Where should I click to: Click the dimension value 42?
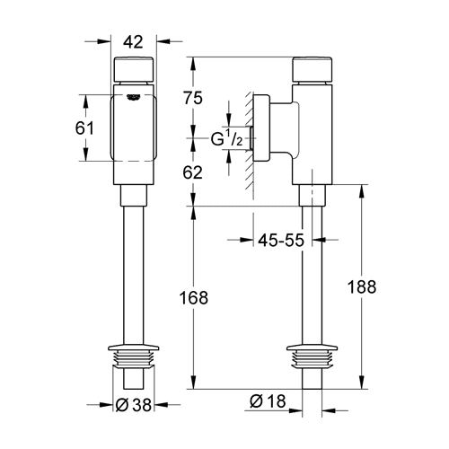tap(134, 42)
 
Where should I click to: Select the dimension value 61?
tap(84, 128)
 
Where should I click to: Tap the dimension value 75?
tap(193, 98)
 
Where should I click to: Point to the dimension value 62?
tap(193, 172)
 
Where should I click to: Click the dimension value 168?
tap(193, 298)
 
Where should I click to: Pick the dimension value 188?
tap(362, 286)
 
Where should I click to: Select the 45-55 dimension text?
tap(281, 240)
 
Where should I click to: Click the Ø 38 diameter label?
tap(134, 405)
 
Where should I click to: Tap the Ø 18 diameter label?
tap(268, 401)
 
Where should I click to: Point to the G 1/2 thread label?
tap(226, 138)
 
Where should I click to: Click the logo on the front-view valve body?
tap(134, 97)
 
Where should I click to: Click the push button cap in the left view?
tap(134, 69)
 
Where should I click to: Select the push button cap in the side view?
tap(313, 69)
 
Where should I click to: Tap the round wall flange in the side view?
tap(261, 128)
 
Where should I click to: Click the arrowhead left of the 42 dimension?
tap(105, 41)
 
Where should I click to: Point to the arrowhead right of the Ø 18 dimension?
tap(328, 410)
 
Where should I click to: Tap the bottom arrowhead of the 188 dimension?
tap(362, 383)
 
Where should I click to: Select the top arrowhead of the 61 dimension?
tap(86, 101)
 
